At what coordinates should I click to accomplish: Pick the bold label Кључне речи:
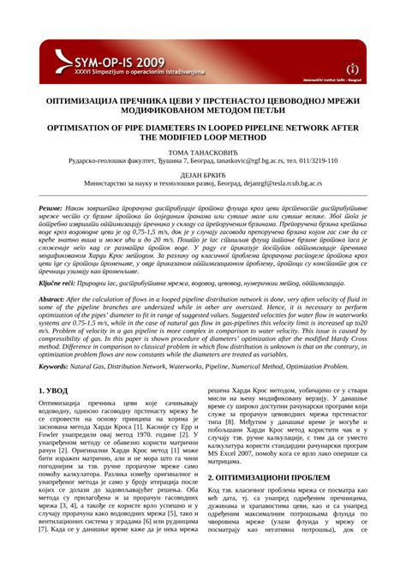point(57,282)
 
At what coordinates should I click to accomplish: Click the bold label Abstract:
point(51,299)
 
